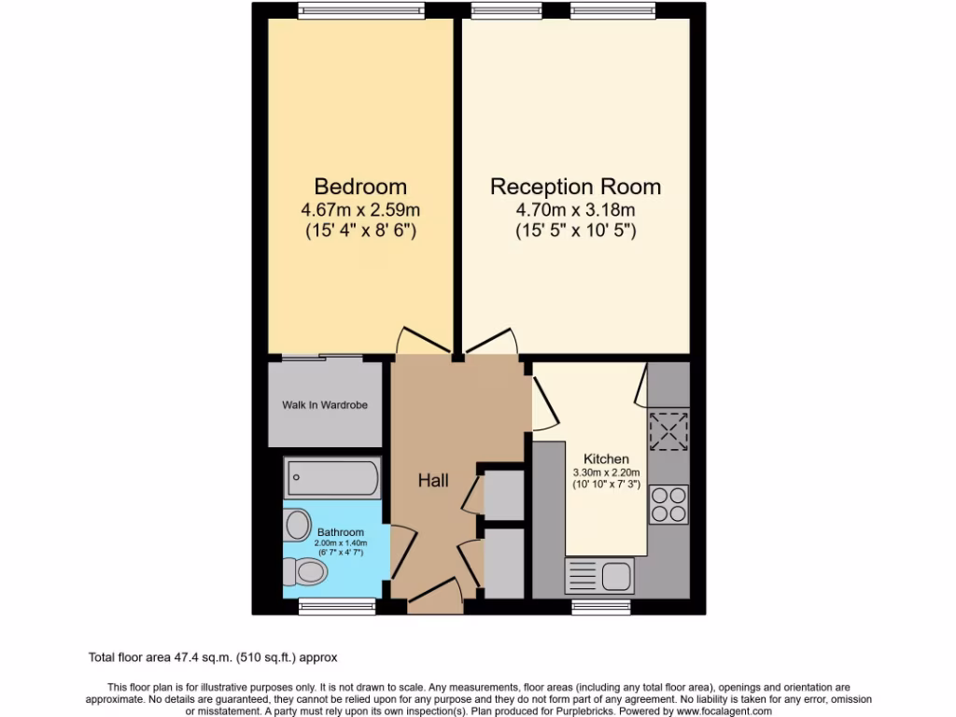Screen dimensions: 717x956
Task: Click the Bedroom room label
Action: [359, 186]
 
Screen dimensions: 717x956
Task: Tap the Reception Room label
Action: [575, 186]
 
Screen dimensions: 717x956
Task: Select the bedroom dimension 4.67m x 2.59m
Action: [359, 210]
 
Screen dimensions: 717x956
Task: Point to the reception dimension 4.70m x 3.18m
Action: [575, 210]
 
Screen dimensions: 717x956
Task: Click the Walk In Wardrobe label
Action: [325, 405]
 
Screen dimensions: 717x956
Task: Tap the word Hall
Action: [433, 481]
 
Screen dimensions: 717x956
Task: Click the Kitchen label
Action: [606, 459]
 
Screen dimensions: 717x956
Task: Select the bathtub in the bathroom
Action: [332, 479]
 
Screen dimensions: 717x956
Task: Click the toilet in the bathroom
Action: [304, 570]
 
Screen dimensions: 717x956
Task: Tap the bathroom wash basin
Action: [298, 523]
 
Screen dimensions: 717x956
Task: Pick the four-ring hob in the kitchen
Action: [668, 505]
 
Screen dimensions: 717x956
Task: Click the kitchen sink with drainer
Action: [598, 575]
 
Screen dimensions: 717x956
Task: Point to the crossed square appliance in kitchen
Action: [668, 430]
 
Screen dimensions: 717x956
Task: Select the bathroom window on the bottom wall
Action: [325, 607]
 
